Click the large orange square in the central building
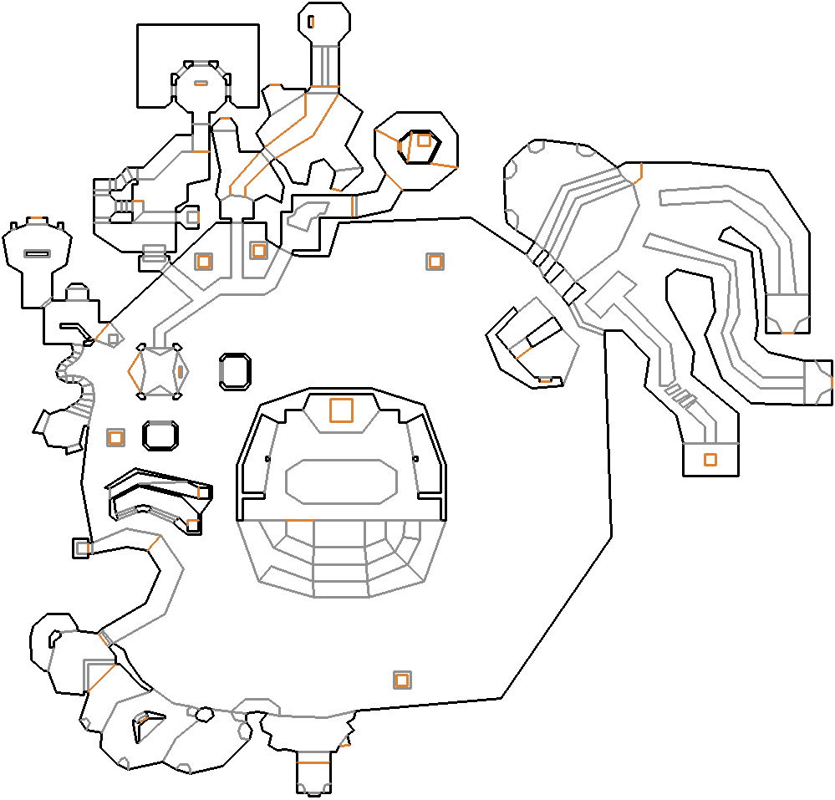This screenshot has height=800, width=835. click(x=341, y=410)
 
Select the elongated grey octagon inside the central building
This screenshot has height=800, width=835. click(x=341, y=482)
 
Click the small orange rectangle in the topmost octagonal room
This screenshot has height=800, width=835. click(x=311, y=21)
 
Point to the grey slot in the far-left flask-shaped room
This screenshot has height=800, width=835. click(x=36, y=253)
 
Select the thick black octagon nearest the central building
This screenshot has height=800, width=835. click(x=235, y=371)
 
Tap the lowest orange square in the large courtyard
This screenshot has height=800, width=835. click(x=402, y=680)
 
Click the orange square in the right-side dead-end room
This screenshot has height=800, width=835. click(x=710, y=459)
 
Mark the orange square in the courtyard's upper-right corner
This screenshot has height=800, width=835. click(x=434, y=262)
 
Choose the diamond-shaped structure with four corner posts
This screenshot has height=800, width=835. click(x=158, y=369)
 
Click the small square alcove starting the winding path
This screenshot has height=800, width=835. click(x=81, y=548)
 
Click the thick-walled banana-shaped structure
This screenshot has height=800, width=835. click(x=159, y=502)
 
